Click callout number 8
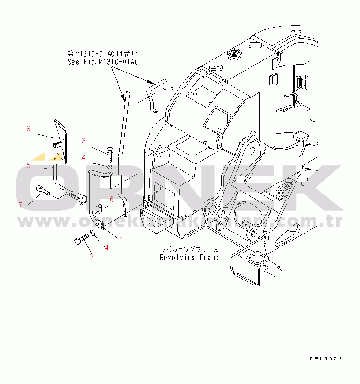pyautogui.click(x=28, y=129)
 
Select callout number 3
pyautogui.click(x=84, y=141)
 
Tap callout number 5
pyautogui.click(x=28, y=165)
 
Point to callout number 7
pyautogui.click(x=20, y=205)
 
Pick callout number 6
pyautogui.click(x=111, y=200)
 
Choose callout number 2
pyautogui.click(x=92, y=256)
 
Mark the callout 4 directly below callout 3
pyautogui.click(x=84, y=157)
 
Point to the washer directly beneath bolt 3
pyautogui.click(x=110, y=166)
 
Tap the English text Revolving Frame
pyautogui.click(x=189, y=257)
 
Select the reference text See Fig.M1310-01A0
pyautogui.click(x=103, y=61)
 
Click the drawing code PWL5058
pyautogui.click(x=326, y=359)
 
